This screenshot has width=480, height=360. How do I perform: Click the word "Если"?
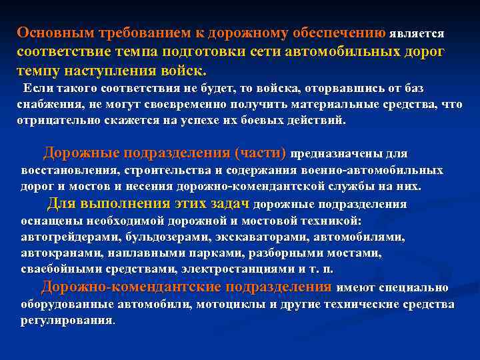click(x=37, y=89)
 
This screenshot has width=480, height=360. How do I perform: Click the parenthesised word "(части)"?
click(x=261, y=153)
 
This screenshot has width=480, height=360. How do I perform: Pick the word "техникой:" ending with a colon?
click(x=327, y=220)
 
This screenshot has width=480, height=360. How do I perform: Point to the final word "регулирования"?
click(x=67, y=320)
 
